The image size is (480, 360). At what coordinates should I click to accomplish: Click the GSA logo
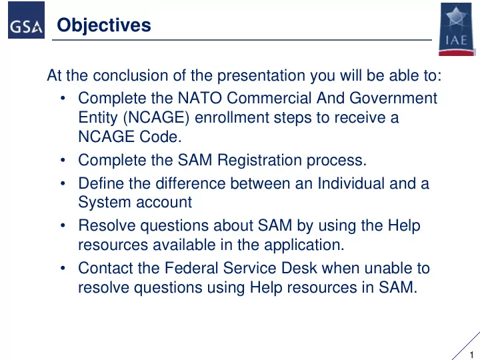26,20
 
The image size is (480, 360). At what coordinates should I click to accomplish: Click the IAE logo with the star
457,29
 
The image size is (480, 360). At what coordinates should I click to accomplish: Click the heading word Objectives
104,25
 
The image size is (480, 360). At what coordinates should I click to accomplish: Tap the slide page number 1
472,355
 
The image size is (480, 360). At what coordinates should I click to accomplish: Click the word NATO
199,98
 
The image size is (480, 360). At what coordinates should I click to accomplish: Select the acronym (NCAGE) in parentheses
156,117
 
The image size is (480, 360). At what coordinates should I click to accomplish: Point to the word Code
161,137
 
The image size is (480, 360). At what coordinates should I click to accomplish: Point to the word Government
393,98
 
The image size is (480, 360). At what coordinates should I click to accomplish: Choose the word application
304,245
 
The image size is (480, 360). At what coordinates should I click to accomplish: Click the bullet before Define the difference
63,184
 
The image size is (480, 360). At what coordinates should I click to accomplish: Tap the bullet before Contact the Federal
63,268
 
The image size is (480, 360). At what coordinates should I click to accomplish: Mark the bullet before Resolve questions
63,225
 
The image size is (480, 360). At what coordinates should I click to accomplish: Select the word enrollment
232,117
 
